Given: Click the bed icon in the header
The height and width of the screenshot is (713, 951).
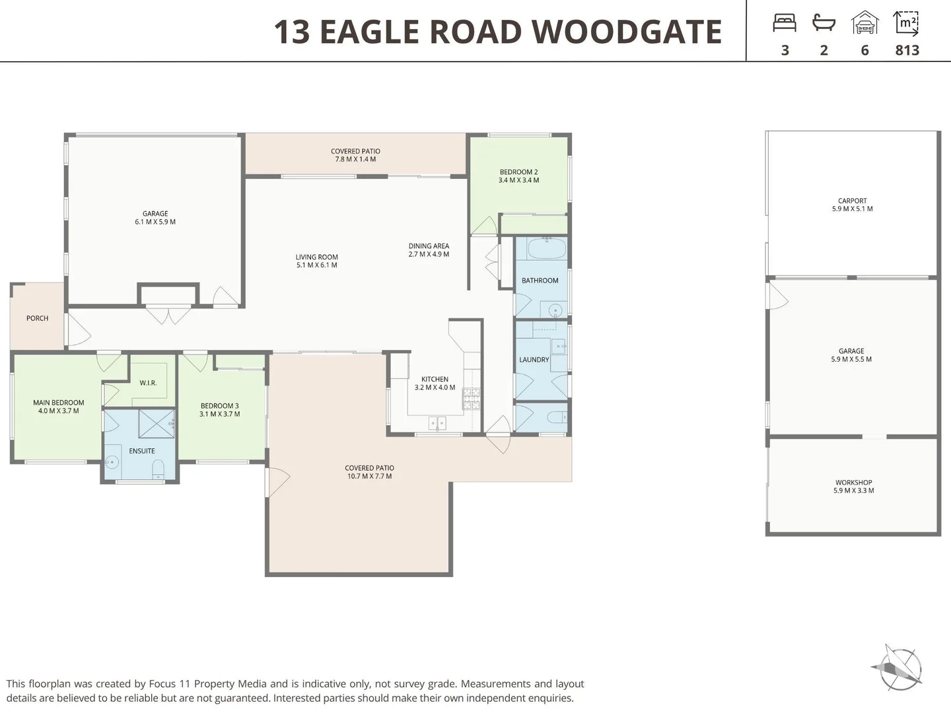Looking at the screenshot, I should [785, 23].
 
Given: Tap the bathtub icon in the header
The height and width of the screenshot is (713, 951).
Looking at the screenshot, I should [824, 23].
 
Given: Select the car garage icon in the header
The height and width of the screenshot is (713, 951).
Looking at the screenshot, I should [864, 23].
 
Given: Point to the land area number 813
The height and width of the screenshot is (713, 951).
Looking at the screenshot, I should [907, 50].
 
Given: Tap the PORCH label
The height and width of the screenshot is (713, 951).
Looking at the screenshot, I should [37, 318].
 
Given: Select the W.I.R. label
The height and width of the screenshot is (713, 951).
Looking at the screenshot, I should [148, 383].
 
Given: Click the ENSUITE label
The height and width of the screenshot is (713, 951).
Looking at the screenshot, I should [142, 451].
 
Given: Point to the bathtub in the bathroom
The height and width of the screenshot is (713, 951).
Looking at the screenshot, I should [546, 249].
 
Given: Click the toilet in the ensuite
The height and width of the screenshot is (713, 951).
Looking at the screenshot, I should [158, 469].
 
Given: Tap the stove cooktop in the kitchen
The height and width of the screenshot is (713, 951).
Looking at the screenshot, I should [472, 397].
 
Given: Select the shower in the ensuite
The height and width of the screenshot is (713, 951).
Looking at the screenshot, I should [157, 423].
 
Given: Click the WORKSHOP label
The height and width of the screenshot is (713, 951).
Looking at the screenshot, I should [853, 483].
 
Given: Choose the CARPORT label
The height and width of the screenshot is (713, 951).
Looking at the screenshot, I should [852, 201].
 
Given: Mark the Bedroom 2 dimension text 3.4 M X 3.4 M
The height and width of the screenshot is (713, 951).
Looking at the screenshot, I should [518, 180].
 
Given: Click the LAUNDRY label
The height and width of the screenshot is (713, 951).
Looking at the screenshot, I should [534, 360].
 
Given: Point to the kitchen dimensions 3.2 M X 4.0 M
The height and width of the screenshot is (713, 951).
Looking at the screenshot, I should [435, 388].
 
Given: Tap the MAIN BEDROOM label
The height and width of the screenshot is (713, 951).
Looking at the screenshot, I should [59, 403].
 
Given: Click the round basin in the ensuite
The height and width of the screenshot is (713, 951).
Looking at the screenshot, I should [112, 463].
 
